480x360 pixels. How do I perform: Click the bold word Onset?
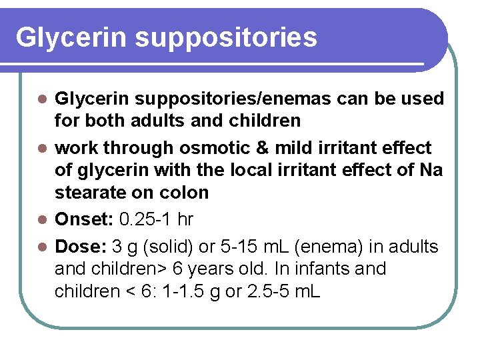pos(82,219)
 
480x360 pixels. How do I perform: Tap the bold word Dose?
pos(79,247)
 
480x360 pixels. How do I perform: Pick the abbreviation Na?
pos(431,170)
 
